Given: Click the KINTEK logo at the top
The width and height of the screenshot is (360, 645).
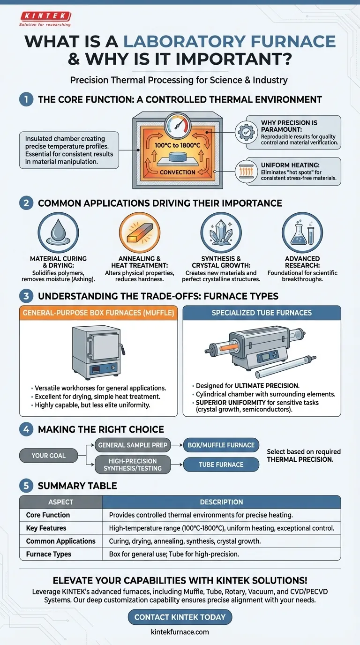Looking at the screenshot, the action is [x=45, y=19].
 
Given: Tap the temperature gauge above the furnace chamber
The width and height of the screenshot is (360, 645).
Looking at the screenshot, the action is [x=178, y=126].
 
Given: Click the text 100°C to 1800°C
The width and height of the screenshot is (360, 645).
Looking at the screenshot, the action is [x=177, y=145].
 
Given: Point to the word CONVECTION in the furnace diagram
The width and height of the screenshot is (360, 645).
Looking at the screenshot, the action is [x=177, y=172].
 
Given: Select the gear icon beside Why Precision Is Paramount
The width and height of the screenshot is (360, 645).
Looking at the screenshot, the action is [x=246, y=132].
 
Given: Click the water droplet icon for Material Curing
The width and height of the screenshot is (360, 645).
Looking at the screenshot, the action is [x=59, y=232].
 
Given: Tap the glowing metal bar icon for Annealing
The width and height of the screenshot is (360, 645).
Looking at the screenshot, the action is [x=140, y=232].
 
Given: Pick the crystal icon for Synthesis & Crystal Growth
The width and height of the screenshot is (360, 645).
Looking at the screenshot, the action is [x=221, y=232].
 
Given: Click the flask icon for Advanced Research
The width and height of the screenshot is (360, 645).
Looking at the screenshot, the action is [x=302, y=232].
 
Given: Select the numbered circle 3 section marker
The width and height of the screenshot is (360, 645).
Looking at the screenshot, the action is [x=26, y=296].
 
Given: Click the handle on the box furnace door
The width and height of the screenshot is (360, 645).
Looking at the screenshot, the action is [x=123, y=349].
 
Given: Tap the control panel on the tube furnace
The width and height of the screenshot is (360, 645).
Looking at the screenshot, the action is [x=267, y=356].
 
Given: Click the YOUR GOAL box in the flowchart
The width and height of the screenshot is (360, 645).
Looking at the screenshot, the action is [x=49, y=456].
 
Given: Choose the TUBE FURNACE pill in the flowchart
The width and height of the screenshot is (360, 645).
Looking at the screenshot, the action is [x=221, y=465].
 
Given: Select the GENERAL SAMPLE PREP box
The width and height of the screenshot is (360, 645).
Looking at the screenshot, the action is [x=133, y=445].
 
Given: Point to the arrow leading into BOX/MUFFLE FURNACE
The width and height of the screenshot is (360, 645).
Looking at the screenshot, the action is [x=177, y=445].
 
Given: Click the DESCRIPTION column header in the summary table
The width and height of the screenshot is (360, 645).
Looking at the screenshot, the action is [x=221, y=502].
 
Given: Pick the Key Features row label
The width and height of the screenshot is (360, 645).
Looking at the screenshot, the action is [x=46, y=528].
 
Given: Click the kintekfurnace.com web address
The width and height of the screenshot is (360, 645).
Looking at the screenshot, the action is [x=180, y=632].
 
